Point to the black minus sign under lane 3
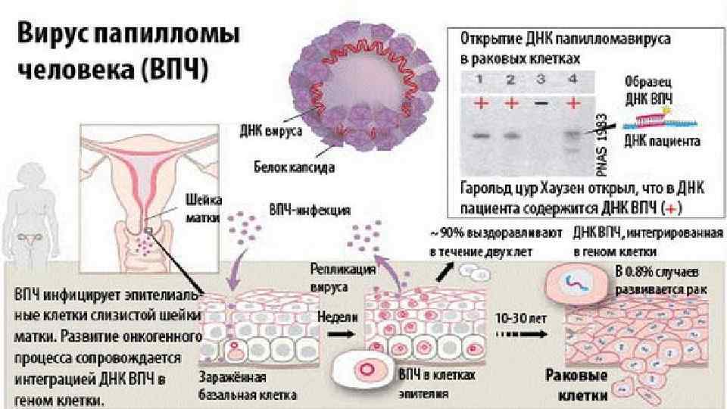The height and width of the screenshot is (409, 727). (539, 101)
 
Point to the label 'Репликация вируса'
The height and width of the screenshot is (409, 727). (334, 278)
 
